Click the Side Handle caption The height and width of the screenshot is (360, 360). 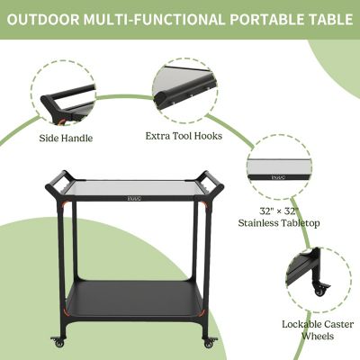tap(66, 139)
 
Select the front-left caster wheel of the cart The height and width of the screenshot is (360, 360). tap(59, 343)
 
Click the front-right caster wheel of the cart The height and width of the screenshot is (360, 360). tap(210, 343)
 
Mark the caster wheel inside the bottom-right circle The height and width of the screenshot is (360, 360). tap(319, 291)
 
